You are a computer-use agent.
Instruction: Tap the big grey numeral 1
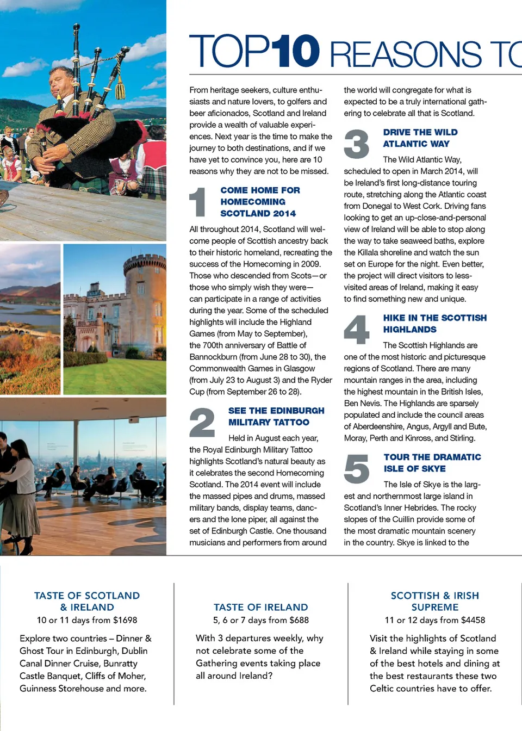pyautogui.click(x=198, y=202)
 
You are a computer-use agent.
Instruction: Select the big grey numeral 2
pyautogui.click(x=202, y=423)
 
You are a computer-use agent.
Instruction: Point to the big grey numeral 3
pyautogui.click(x=357, y=144)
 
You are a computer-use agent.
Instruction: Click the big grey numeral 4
pyautogui.click(x=357, y=329)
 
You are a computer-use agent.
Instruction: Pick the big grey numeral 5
pyautogui.click(x=357, y=468)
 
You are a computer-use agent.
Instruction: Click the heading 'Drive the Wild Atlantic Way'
pyautogui.click(x=420, y=138)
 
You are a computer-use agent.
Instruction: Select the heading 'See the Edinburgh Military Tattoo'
pyautogui.click(x=276, y=416)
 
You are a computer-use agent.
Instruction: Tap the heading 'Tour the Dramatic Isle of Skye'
pyautogui.click(x=432, y=463)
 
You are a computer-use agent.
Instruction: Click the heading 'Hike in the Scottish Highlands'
pyautogui.click(x=434, y=324)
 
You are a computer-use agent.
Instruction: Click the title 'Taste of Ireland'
pyautogui.click(x=260, y=607)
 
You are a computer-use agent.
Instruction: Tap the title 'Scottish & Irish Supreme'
pyautogui.click(x=434, y=601)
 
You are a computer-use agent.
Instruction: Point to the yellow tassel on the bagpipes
pyautogui.click(x=120, y=87)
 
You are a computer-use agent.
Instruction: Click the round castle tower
pyautogui.click(x=144, y=294)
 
